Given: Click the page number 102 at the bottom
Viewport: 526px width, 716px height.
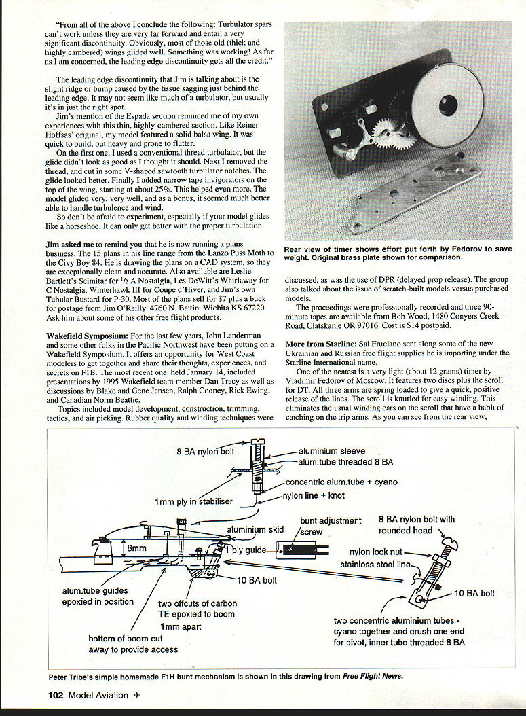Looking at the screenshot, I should coord(56,694).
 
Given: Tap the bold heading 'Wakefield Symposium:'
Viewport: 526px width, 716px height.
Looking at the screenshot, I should coord(86,336).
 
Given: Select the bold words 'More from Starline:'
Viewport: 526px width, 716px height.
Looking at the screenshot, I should coord(322,344).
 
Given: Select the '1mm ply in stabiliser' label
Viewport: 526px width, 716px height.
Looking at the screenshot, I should coord(193,502).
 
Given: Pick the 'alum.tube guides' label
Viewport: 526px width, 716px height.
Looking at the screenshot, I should coord(95,591).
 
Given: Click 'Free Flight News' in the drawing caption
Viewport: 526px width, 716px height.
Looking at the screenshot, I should coord(373,676).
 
